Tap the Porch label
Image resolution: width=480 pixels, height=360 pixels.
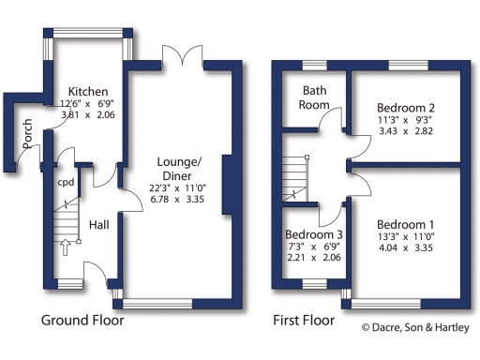coord(28,127)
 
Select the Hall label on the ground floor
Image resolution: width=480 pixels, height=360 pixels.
coord(99,225)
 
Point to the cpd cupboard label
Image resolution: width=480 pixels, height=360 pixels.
coord(66,182)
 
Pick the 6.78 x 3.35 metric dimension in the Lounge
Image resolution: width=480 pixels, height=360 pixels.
coord(176,198)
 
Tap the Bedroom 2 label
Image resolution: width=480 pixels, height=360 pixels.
coord(405,107)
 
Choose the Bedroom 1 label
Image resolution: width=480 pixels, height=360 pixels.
coord(405,225)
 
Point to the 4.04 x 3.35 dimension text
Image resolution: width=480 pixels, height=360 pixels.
coord(405,249)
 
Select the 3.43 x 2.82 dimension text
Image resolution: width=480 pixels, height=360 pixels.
coord(405,131)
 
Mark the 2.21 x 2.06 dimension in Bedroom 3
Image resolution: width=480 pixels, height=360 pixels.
coord(308,257)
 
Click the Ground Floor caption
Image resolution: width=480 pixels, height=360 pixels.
coord(82,320)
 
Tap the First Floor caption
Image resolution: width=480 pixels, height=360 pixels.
coord(304,320)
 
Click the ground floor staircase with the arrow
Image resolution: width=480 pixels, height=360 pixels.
coord(65,230)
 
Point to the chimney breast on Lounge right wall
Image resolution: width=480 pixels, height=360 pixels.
coord(226,187)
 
